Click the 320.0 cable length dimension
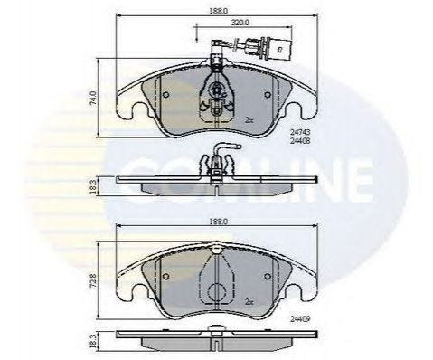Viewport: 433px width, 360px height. [240, 23]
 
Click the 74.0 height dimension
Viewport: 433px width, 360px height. [94, 98]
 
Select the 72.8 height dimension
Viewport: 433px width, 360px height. [94, 281]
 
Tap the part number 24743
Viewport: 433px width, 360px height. [300, 132]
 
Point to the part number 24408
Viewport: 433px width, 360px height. [300, 141]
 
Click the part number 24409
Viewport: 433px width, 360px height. [300, 318]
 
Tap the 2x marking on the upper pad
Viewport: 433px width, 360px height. [249, 120]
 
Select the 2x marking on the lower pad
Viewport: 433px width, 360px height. [249, 302]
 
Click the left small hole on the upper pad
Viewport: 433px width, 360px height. [165, 95]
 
